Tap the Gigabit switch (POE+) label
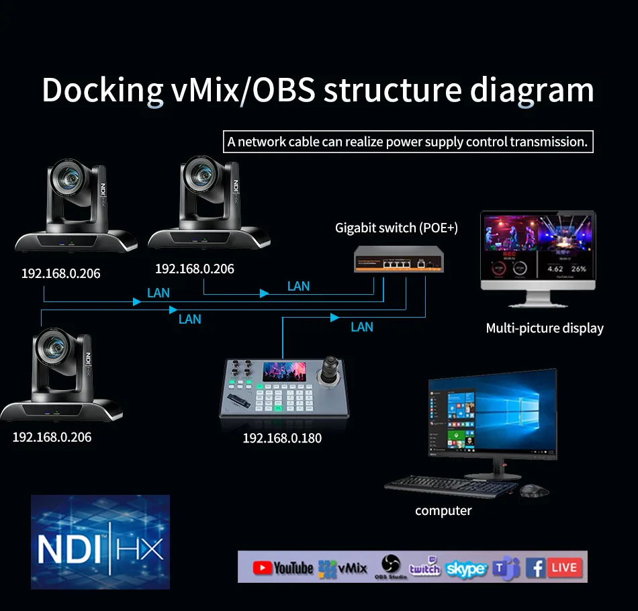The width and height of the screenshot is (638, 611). click(x=396, y=228)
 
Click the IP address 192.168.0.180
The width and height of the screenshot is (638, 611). click(x=282, y=438)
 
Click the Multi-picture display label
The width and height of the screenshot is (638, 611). click(x=545, y=328)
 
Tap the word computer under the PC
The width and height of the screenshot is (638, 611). click(x=443, y=511)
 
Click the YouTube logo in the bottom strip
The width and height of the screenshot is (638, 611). click(x=283, y=568)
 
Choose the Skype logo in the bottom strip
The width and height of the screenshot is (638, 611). click(x=466, y=569)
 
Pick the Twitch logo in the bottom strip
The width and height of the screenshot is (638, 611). click(x=424, y=568)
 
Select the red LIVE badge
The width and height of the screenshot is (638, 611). click(x=564, y=567)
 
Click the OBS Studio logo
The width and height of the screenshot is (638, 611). click(x=391, y=566)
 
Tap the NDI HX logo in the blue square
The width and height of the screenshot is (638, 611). click(x=100, y=542)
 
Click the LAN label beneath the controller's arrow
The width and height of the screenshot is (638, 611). click(x=362, y=327)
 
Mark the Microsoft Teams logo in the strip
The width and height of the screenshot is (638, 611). click(x=506, y=569)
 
